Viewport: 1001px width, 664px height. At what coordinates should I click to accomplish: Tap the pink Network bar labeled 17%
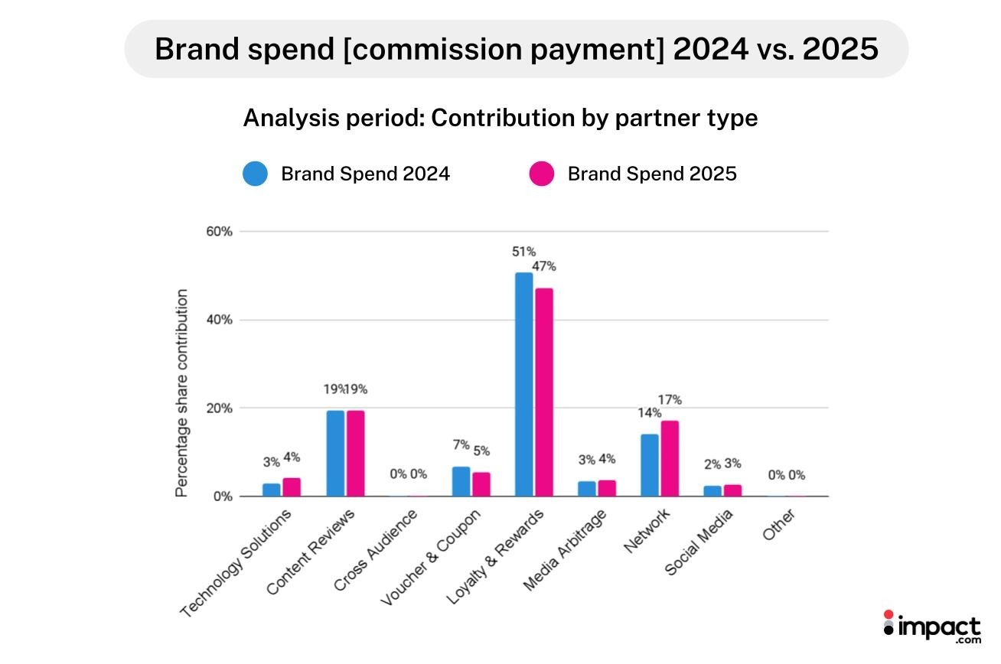[x=670, y=458]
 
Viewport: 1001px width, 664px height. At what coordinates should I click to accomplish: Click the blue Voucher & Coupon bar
[x=461, y=481]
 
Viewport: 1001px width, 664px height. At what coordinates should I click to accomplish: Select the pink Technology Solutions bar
[x=292, y=487]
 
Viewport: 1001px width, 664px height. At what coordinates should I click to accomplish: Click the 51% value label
[x=524, y=252]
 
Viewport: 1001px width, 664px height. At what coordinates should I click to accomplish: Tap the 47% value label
[x=544, y=267]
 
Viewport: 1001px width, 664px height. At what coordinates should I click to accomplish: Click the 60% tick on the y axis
[x=217, y=232]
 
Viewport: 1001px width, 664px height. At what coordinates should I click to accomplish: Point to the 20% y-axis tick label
[x=217, y=408]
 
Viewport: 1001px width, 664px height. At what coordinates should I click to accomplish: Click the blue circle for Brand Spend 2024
[x=255, y=174]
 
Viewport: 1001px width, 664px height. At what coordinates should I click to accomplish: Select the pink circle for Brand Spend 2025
[x=541, y=174]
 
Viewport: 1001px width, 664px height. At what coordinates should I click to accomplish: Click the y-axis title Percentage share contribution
[x=181, y=393]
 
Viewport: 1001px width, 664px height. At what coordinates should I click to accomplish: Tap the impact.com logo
[x=932, y=627]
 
